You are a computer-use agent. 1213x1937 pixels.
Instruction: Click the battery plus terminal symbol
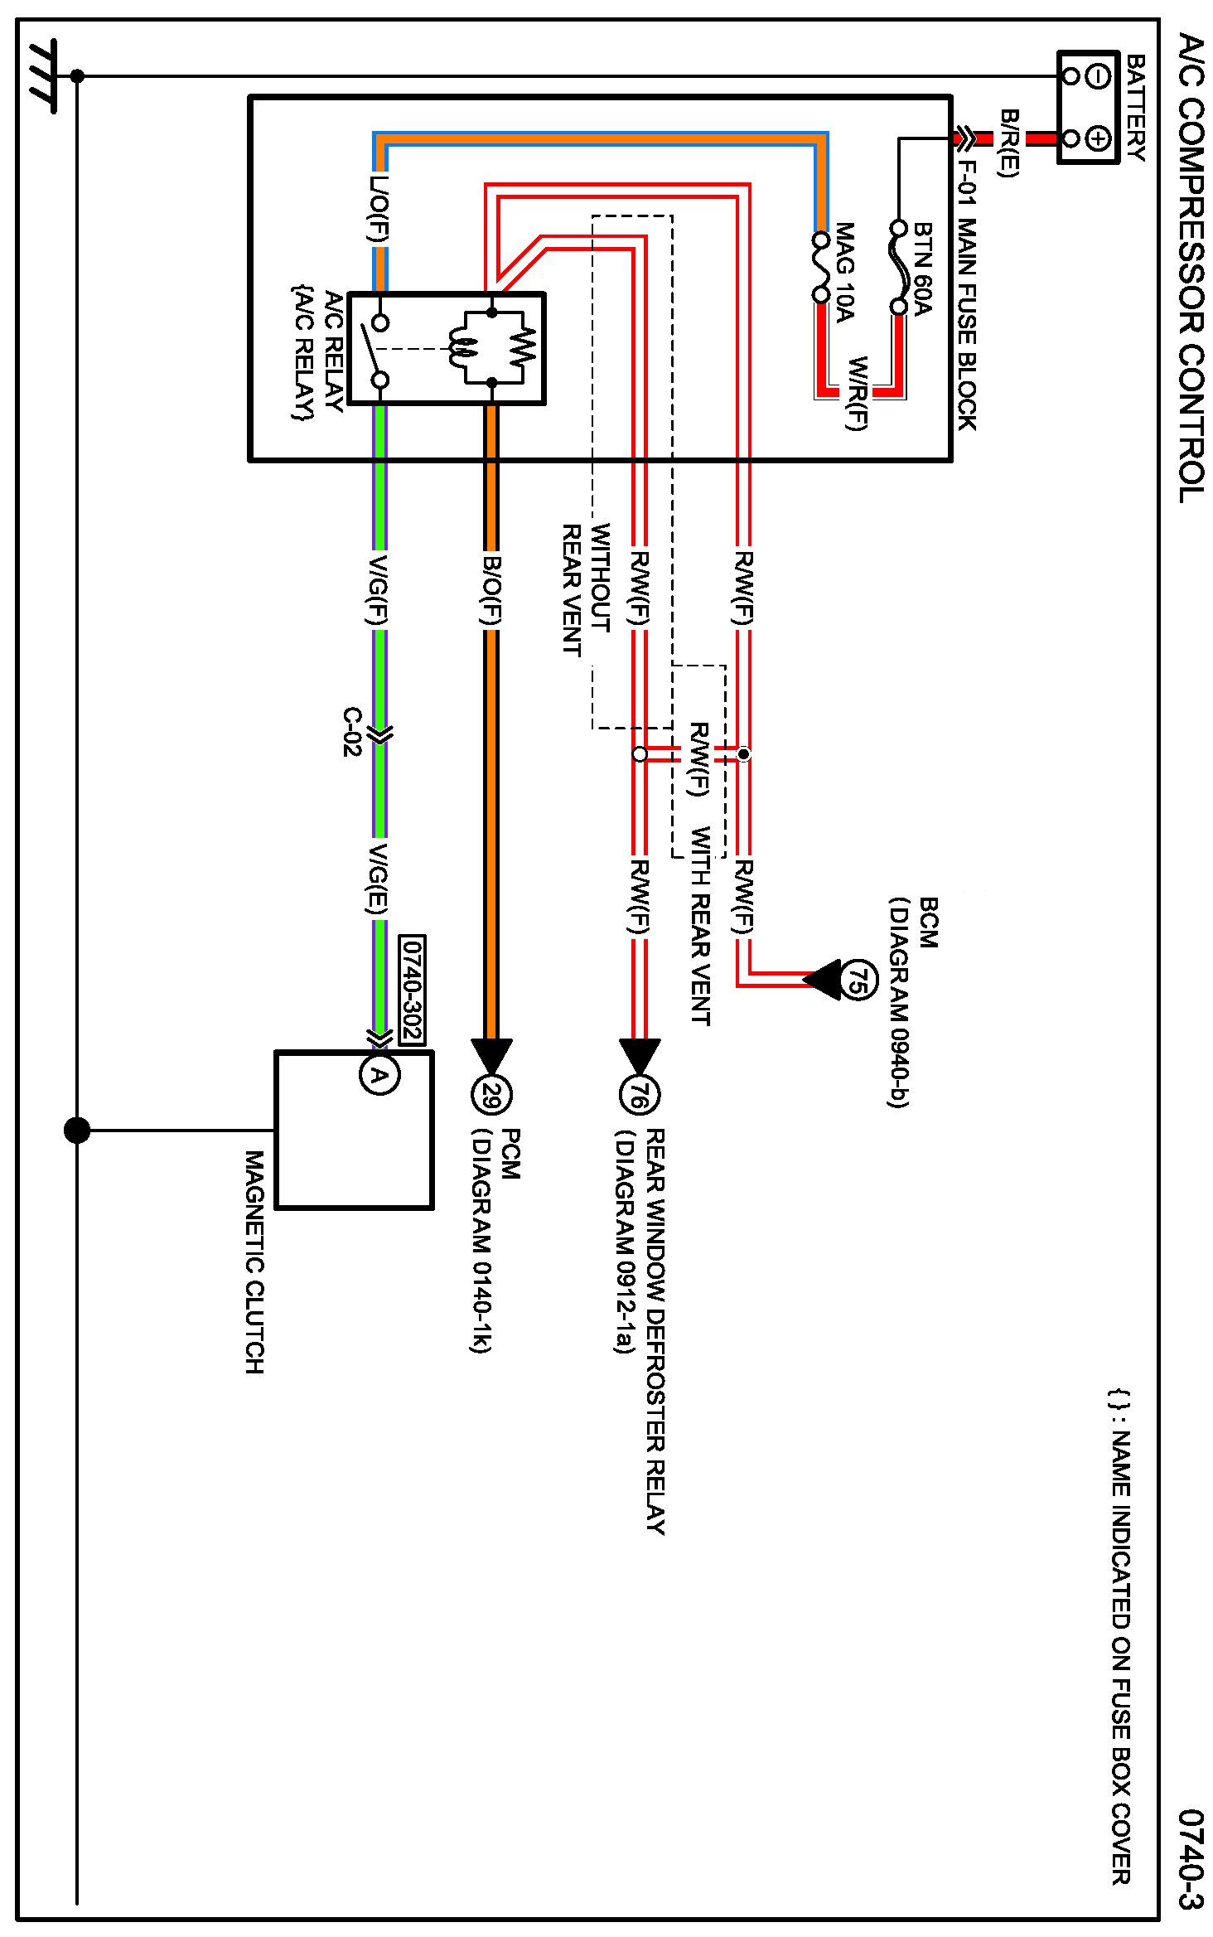(1097, 138)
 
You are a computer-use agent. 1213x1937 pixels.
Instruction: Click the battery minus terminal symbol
(1097, 76)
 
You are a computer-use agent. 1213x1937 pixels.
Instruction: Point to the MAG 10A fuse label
(844, 271)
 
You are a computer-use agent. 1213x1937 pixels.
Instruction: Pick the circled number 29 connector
(491, 1096)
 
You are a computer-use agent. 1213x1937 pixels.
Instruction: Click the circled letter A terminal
(379, 1075)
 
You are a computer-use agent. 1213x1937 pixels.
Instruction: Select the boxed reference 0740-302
(412, 990)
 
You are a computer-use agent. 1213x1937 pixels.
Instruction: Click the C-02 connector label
(353, 732)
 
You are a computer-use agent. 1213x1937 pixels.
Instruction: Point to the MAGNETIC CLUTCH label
(254, 1261)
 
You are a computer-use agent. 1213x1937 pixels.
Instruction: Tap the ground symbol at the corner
(41, 76)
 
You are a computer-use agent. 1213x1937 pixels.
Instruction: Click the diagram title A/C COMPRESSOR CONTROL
(1191, 268)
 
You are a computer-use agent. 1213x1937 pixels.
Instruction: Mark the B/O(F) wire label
(491, 589)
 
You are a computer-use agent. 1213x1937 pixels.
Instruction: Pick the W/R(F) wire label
(857, 393)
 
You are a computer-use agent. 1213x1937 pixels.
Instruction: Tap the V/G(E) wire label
(378, 879)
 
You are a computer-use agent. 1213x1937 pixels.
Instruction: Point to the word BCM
(929, 922)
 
